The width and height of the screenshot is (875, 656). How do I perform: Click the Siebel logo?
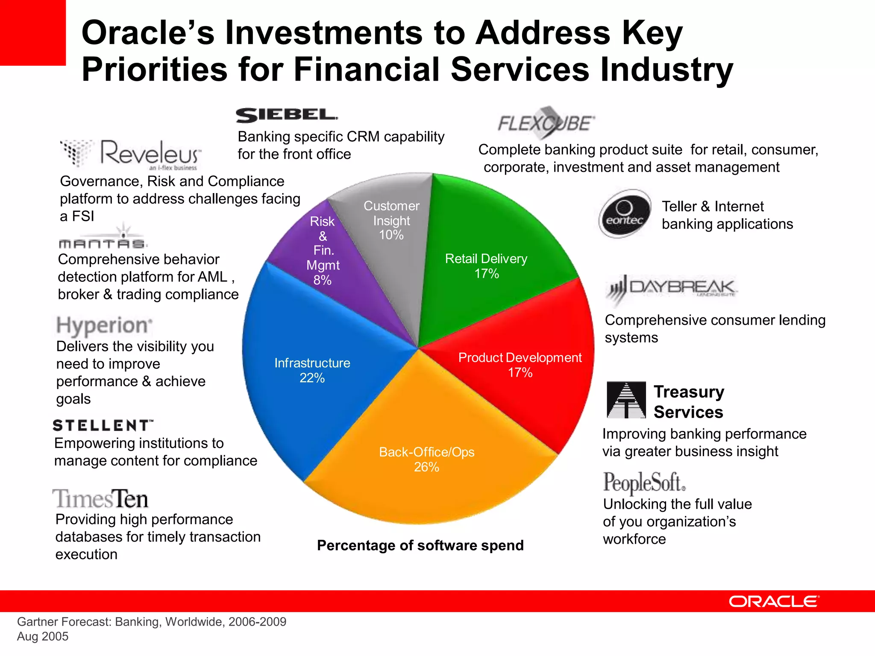point(287,115)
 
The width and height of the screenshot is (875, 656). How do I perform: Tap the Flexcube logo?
point(546,123)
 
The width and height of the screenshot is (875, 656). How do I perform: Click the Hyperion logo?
point(104,325)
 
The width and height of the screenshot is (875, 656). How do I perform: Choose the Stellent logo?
point(103,425)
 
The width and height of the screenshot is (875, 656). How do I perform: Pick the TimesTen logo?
point(100,499)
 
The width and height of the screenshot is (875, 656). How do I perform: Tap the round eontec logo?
point(625,214)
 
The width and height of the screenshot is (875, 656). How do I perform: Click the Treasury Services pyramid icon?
point(626,400)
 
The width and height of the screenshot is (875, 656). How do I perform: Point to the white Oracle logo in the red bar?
point(774,601)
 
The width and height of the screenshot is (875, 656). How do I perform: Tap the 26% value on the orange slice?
point(426,467)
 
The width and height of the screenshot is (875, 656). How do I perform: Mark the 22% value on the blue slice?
point(312,378)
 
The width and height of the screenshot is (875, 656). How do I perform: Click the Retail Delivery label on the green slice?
point(486,259)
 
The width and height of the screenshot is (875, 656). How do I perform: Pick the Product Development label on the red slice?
point(520,358)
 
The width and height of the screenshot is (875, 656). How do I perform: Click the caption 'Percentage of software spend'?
point(420,545)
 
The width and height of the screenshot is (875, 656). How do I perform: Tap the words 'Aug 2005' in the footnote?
point(43,636)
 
